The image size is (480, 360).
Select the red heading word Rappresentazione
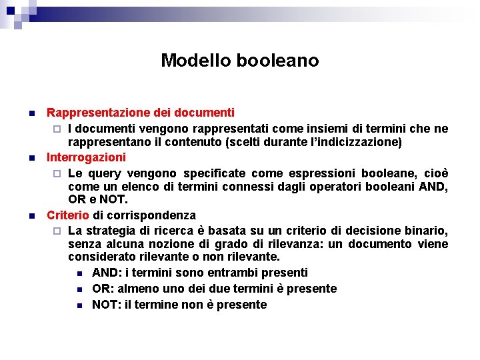click(x=94, y=113)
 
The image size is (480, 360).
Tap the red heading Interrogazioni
click(x=86, y=157)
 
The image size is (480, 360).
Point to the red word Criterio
click(x=67, y=215)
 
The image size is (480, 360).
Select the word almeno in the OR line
click(x=137, y=289)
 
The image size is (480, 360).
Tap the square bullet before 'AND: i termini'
click(x=79, y=273)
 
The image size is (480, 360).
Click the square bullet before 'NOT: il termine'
click(x=79, y=305)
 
